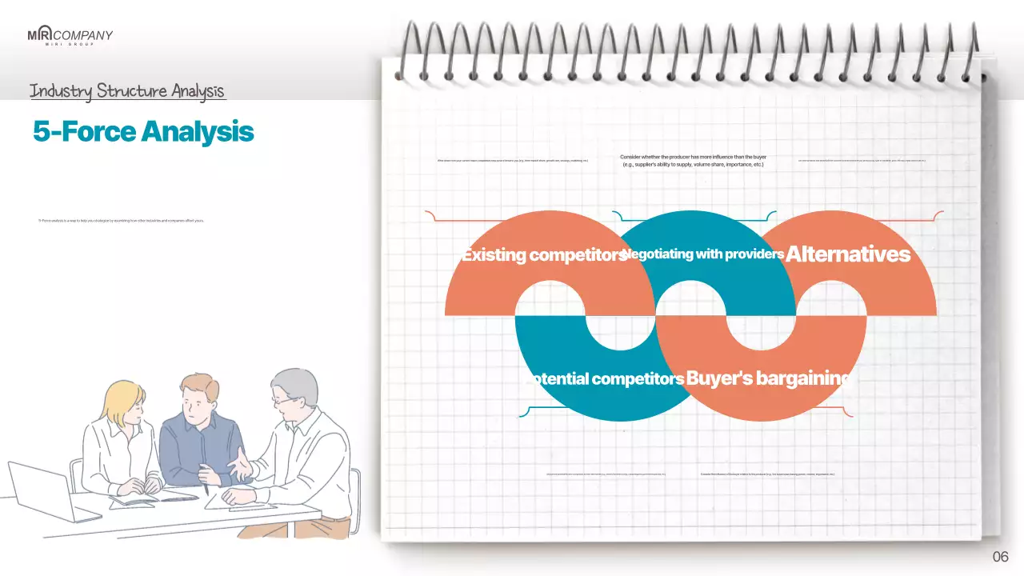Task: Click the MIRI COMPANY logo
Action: (70, 36)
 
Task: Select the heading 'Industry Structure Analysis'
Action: (127, 91)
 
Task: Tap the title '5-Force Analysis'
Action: (143, 131)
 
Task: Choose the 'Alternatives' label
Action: (848, 254)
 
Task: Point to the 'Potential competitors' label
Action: (606, 378)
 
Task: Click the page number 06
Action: (1000, 557)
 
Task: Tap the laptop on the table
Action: (40, 488)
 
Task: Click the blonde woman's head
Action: (124, 400)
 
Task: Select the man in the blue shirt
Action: (200, 432)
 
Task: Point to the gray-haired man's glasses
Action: (282, 398)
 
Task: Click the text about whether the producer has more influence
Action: (694, 161)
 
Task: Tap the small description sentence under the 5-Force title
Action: (121, 220)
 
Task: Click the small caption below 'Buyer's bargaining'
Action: (767, 474)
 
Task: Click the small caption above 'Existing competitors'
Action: (512, 161)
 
